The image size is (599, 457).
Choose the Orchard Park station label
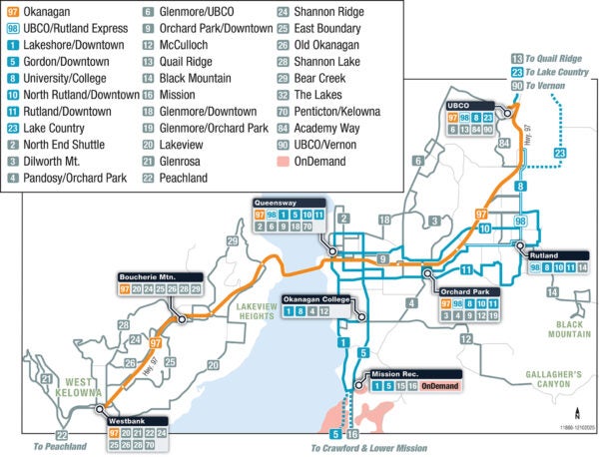click(468, 291)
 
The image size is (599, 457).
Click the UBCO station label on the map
click(461, 105)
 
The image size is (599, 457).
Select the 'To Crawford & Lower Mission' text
click(367, 448)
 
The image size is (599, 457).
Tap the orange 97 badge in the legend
click(14, 12)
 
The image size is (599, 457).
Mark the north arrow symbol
click(576, 408)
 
